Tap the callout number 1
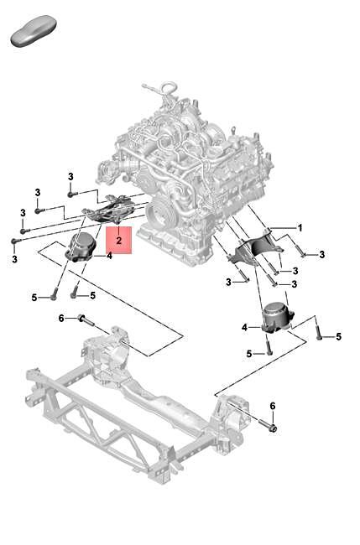(300, 227)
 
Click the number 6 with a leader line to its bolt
(61, 318)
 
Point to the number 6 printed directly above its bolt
(272, 406)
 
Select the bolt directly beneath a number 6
(273, 428)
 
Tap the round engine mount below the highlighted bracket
(84, 247)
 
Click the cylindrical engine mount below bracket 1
(276, 320)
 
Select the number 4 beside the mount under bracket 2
(109, 257)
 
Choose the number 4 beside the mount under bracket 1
(245, 327)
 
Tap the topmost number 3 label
(71, 175)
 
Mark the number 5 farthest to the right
(338, 337)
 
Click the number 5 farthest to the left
(34, 297)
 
